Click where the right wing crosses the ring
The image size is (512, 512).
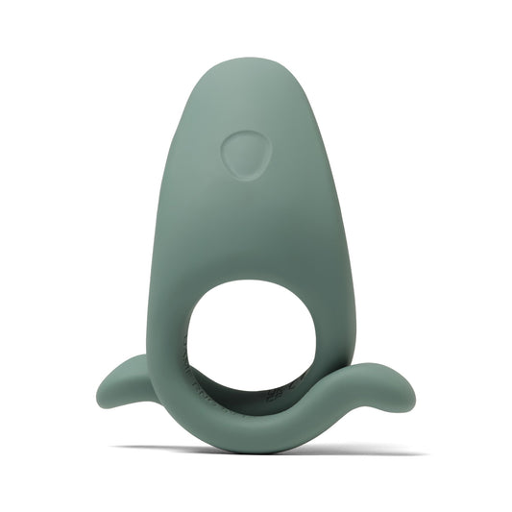317,399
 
